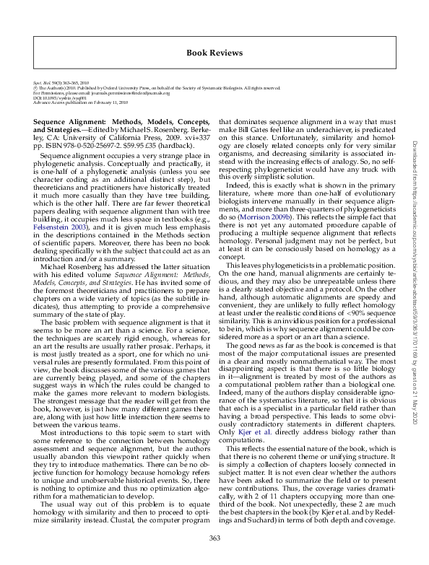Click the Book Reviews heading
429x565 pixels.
click(214, 53)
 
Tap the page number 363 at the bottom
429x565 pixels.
click(214, 538)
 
